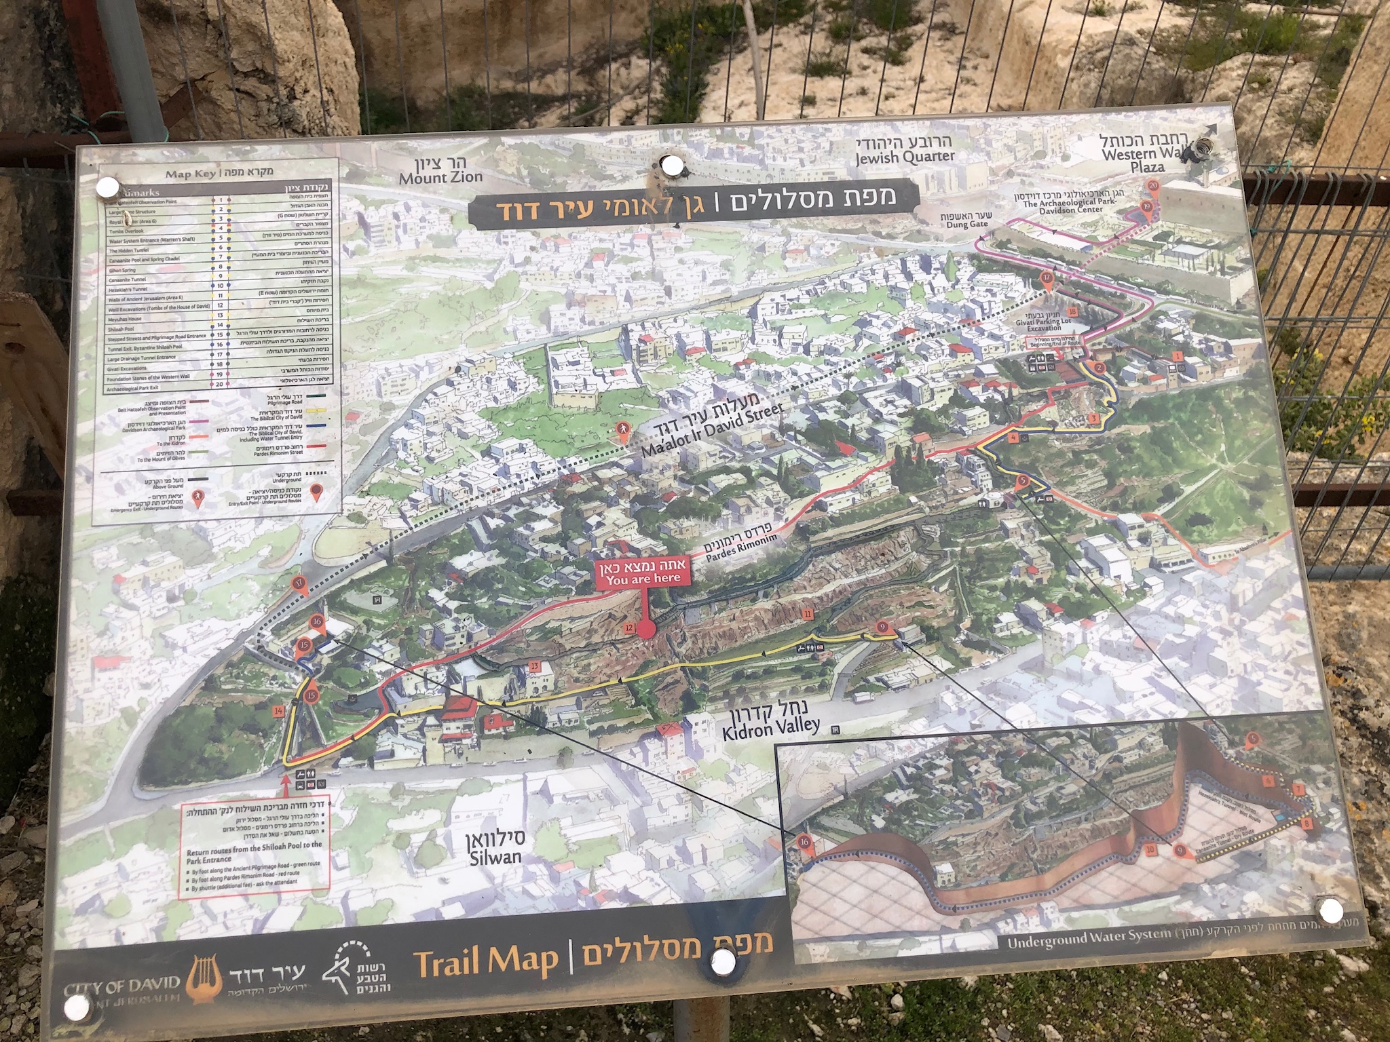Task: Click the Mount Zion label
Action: coord(440,172)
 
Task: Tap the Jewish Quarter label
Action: coord(904,151)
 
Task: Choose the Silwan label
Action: coord(495,847)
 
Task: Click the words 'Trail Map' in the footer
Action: coord(486,961)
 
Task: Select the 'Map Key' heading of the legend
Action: coord(193,174)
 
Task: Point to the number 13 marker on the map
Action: coord(534,667)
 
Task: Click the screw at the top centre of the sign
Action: coord(673,166)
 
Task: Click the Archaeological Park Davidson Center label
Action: coord(1063,202)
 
